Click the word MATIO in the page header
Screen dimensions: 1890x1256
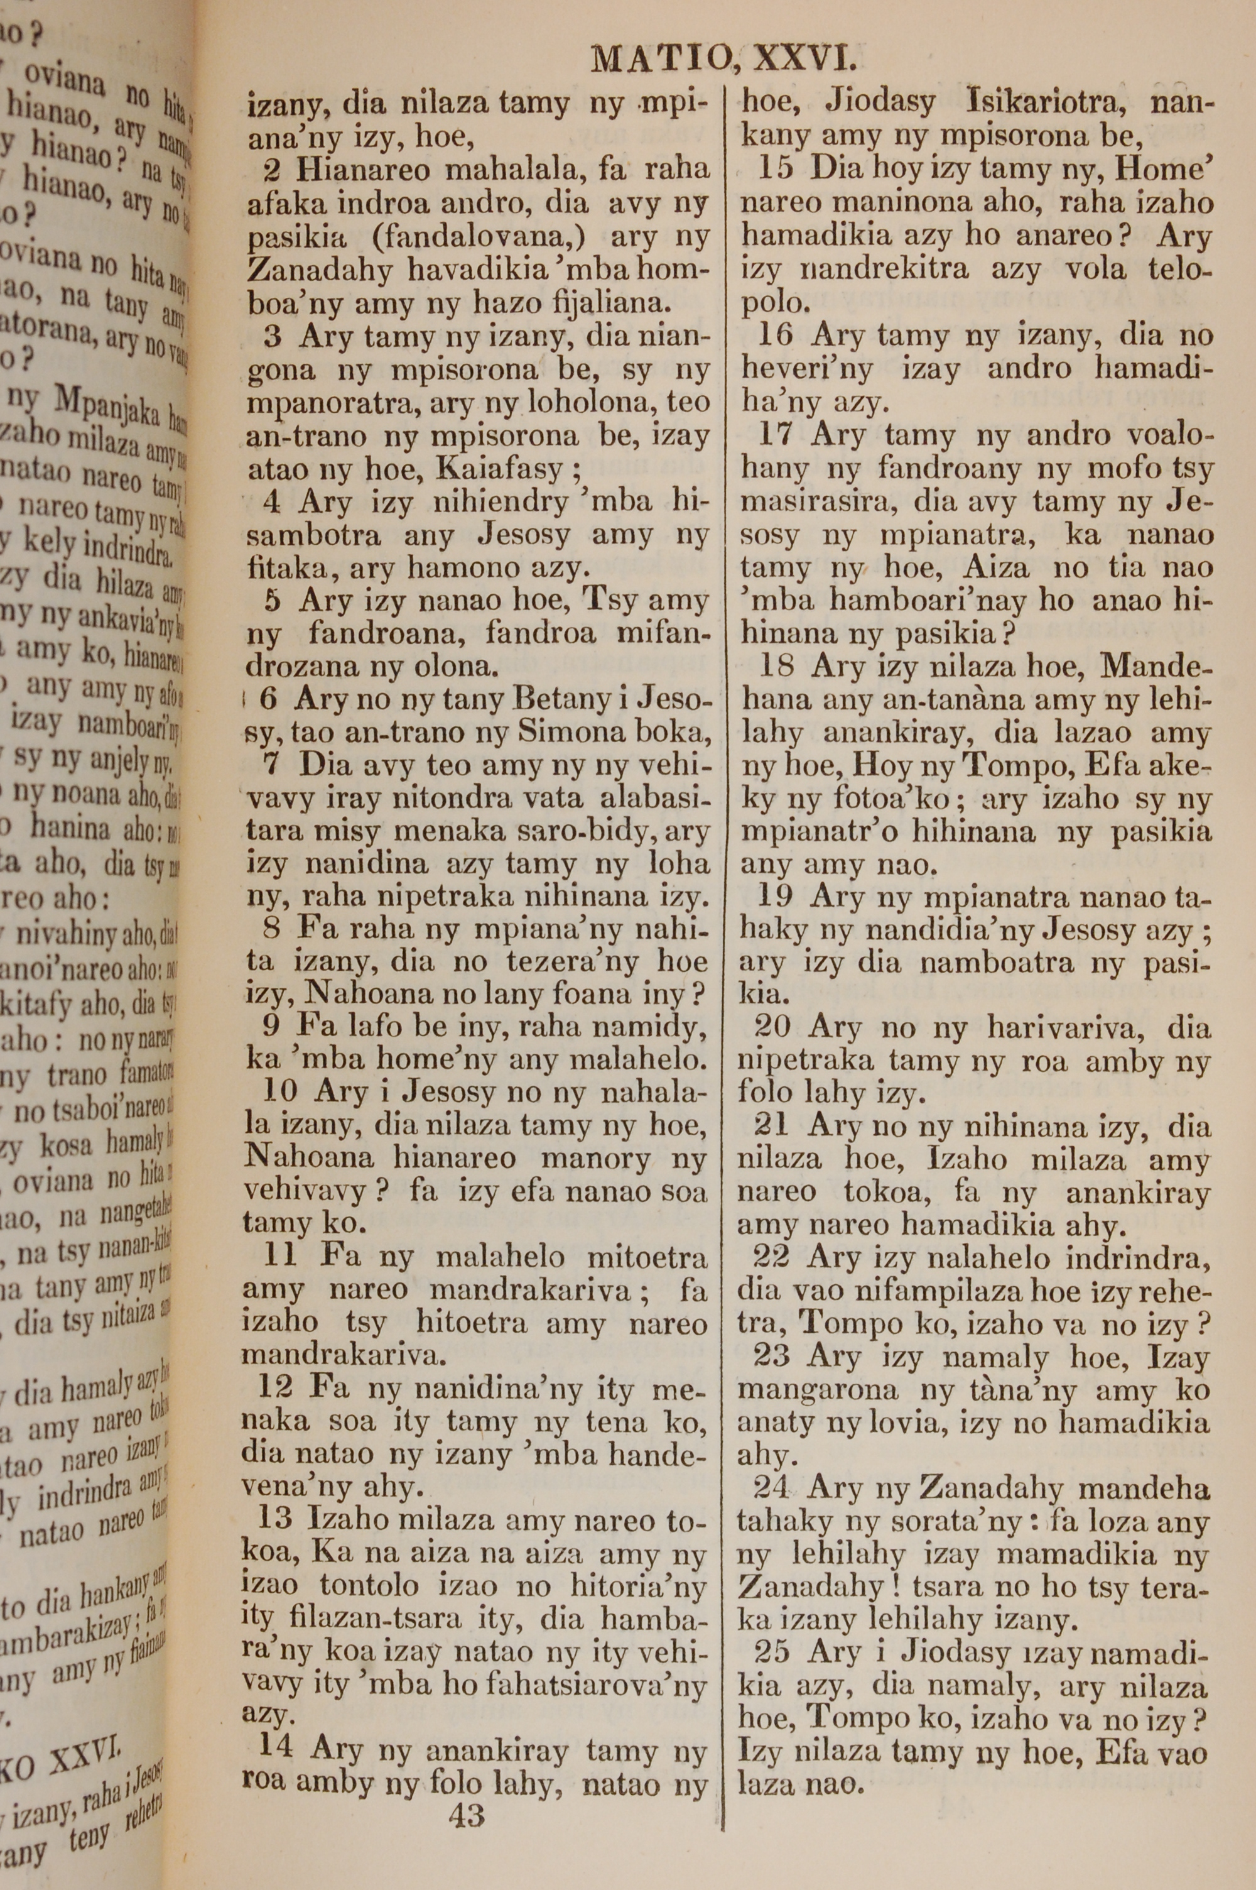pos(658,59)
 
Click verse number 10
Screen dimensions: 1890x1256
pos(280,1093)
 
